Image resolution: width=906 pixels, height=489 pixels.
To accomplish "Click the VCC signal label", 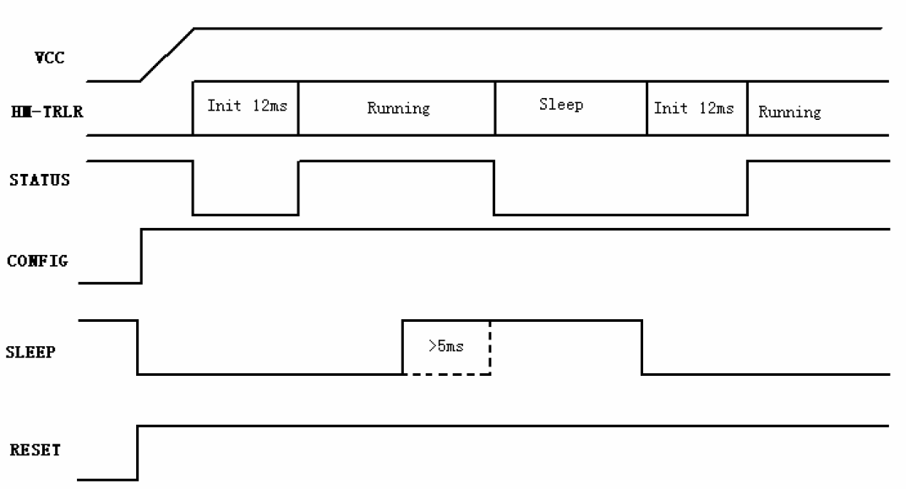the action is [x=50, y=57].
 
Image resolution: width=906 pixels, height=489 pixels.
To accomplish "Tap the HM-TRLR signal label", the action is [x=46, y=111].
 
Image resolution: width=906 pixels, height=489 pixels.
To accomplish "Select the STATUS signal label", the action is [x=39, y=180].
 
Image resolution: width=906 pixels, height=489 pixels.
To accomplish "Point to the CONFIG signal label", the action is [x=37, y=261].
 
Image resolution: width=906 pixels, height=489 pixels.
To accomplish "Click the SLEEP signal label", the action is [x=30, y=351].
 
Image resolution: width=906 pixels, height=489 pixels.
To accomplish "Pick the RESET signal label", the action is [x=35, y=450].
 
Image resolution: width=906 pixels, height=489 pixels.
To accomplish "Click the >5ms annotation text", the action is [x=446, y=345].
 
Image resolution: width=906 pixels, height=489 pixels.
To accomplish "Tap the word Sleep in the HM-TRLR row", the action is [x=561, y=105].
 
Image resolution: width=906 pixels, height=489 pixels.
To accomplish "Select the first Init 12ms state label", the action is [x=248, y=106].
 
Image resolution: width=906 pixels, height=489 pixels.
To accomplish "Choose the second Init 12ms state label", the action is [x=694, y=108].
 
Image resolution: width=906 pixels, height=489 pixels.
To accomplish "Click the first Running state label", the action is [x=399, y=109].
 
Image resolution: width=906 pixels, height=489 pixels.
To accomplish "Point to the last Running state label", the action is [x=790, y=112].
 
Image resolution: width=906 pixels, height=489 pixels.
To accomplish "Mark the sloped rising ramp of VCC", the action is [x=167, y=54].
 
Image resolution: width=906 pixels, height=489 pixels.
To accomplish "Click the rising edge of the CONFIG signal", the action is [x=142, y=257].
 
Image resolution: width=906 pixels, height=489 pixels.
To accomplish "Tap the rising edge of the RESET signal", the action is [x=138, y=454].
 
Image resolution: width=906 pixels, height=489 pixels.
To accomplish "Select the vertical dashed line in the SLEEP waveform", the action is [x=490, y=347].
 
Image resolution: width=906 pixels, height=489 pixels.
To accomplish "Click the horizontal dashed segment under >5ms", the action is [x=446, y=374].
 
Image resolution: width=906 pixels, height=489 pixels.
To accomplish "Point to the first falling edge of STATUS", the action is [x=193, y=187].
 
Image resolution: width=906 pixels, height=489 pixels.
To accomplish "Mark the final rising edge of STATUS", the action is [x=748, y=187].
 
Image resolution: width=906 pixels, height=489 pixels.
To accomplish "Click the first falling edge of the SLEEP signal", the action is [x=138, y=347].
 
